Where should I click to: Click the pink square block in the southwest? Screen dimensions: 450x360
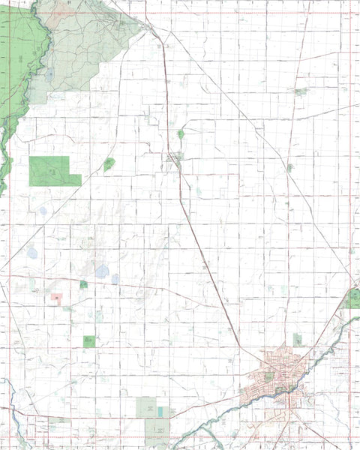click(x=57, y=298)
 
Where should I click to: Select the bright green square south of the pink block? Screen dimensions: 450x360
click(x=89, y=341)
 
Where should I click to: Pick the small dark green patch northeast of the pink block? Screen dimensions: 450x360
click(x=83, y=284)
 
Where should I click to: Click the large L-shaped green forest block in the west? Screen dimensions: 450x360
click(x=52, y=171)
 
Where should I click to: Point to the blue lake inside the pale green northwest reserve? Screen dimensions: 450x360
click(x=50, y=74)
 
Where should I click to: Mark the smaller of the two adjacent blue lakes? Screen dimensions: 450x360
click(x=115, y=279)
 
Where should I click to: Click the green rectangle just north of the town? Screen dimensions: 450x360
click(x=298, y=339)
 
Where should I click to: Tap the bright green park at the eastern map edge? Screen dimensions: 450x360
click(x=352, y=299)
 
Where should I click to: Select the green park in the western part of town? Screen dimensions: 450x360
click(x=269, y=376)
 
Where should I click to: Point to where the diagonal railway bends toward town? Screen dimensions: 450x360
click(x=241, y=346)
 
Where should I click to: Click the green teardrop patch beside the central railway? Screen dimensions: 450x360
click(x=181, y=134)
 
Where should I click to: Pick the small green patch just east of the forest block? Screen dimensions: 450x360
click(x=109, y=163)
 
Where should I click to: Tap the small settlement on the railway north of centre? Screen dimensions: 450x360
click(x=174, y=157)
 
